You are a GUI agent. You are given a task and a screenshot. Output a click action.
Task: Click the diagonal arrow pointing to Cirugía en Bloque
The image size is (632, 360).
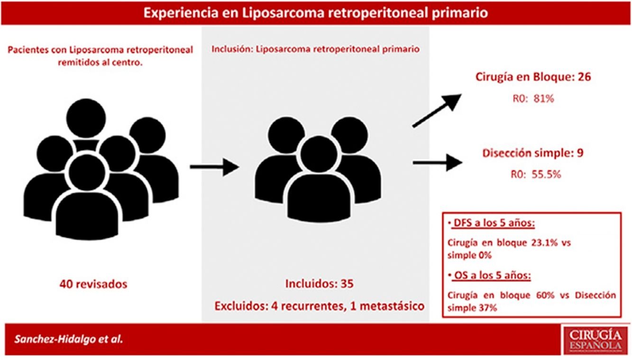click(x=437, y=110)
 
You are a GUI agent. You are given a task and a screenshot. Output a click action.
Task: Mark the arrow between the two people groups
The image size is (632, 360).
click(x=213, y=166)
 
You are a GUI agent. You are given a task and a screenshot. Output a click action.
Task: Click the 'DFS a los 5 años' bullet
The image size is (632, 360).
click(x=482, y=223)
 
